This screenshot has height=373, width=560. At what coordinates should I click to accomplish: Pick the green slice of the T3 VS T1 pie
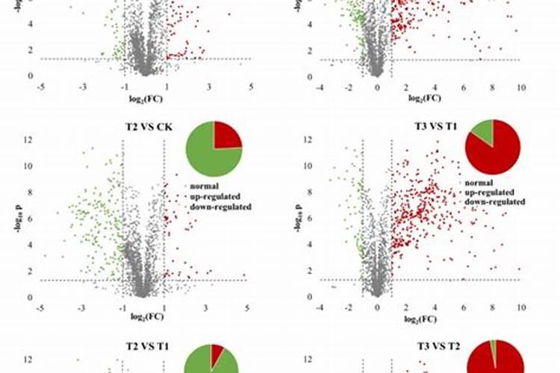tap(484, 131)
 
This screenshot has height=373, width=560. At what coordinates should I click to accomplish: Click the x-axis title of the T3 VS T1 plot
tap(420, 319)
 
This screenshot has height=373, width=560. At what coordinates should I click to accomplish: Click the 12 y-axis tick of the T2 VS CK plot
tap(28, 140)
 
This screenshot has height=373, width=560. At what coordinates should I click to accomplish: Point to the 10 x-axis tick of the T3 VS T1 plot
tap(520, 307)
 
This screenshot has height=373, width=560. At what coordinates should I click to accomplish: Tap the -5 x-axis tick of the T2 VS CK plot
tap(38, 307)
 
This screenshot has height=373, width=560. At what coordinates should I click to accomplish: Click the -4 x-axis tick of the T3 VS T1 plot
tap(319, 307)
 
